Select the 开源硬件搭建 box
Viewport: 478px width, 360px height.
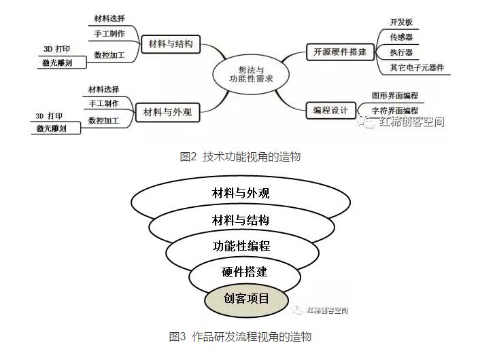coord(339,51)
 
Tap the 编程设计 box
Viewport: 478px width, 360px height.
coord(330,109)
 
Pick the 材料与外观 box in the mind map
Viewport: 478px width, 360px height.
coord(168,113)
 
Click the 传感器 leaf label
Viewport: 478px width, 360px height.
coord(401,37)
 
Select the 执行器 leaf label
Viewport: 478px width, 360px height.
coord(401,52)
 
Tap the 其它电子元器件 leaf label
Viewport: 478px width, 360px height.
coord(417,67)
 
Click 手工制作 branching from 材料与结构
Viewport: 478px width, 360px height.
coord(109,33)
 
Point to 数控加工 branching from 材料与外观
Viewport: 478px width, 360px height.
coord(103,120)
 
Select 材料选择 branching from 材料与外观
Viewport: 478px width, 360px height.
coord(103,89)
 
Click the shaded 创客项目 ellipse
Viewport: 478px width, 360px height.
coord(246,298)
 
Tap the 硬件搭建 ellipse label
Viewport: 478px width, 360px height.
coord(245,272)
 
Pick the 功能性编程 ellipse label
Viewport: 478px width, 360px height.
coord(241,246)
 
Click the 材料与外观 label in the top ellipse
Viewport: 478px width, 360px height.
coord(241,194)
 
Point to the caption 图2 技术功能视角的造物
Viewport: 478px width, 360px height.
coord(240,157)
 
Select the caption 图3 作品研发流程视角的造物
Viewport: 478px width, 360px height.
coord(240,336)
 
